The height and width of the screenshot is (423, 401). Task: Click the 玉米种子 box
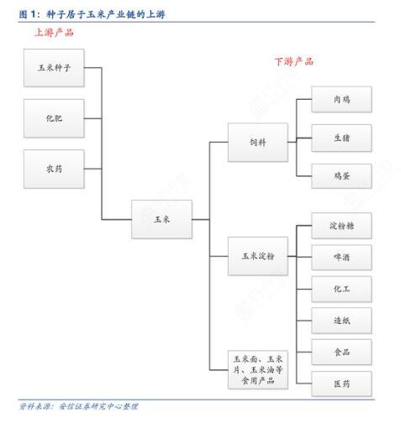click(x=54, y=68)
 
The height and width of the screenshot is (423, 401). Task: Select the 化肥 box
click(x=54, y=118)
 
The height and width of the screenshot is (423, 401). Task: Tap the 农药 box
click(x=54, y=169)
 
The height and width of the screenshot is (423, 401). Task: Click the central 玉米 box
click(x=161, y=219)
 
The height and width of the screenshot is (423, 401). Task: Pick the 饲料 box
click(x=258, y=142)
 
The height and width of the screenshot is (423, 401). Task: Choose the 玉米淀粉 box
click(x=258, y=256)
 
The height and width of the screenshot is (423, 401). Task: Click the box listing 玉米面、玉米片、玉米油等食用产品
click(x=258, y=369)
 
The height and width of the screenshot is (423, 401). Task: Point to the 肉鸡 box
click(x=341, y=99)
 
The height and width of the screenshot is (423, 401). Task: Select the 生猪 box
click(x=341, y=138)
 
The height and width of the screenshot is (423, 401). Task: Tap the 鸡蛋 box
click(x=341, y=176)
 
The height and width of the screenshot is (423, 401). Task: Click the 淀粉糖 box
click(x=341, y=226)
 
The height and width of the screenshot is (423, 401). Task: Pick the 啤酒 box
click(x=341, y=257)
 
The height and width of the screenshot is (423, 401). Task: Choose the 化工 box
click(x=341, y=289)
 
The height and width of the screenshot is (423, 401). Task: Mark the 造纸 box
click(x=341, y=321)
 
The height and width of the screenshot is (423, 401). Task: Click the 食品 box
click(x=341, y=352)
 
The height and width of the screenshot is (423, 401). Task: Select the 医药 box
click(x=341, y=384)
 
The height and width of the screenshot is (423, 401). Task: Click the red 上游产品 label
click(x=54, y=33)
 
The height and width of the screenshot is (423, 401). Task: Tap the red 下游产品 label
click(x=294, y=61)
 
